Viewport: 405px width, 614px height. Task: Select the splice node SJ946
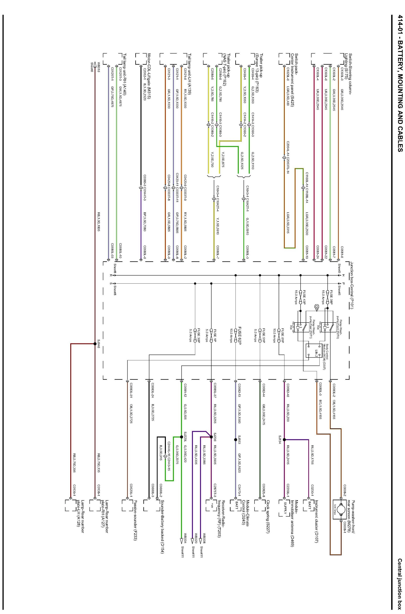click(x=95, y=344)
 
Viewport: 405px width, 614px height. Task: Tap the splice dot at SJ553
click(x=235, y=439)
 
